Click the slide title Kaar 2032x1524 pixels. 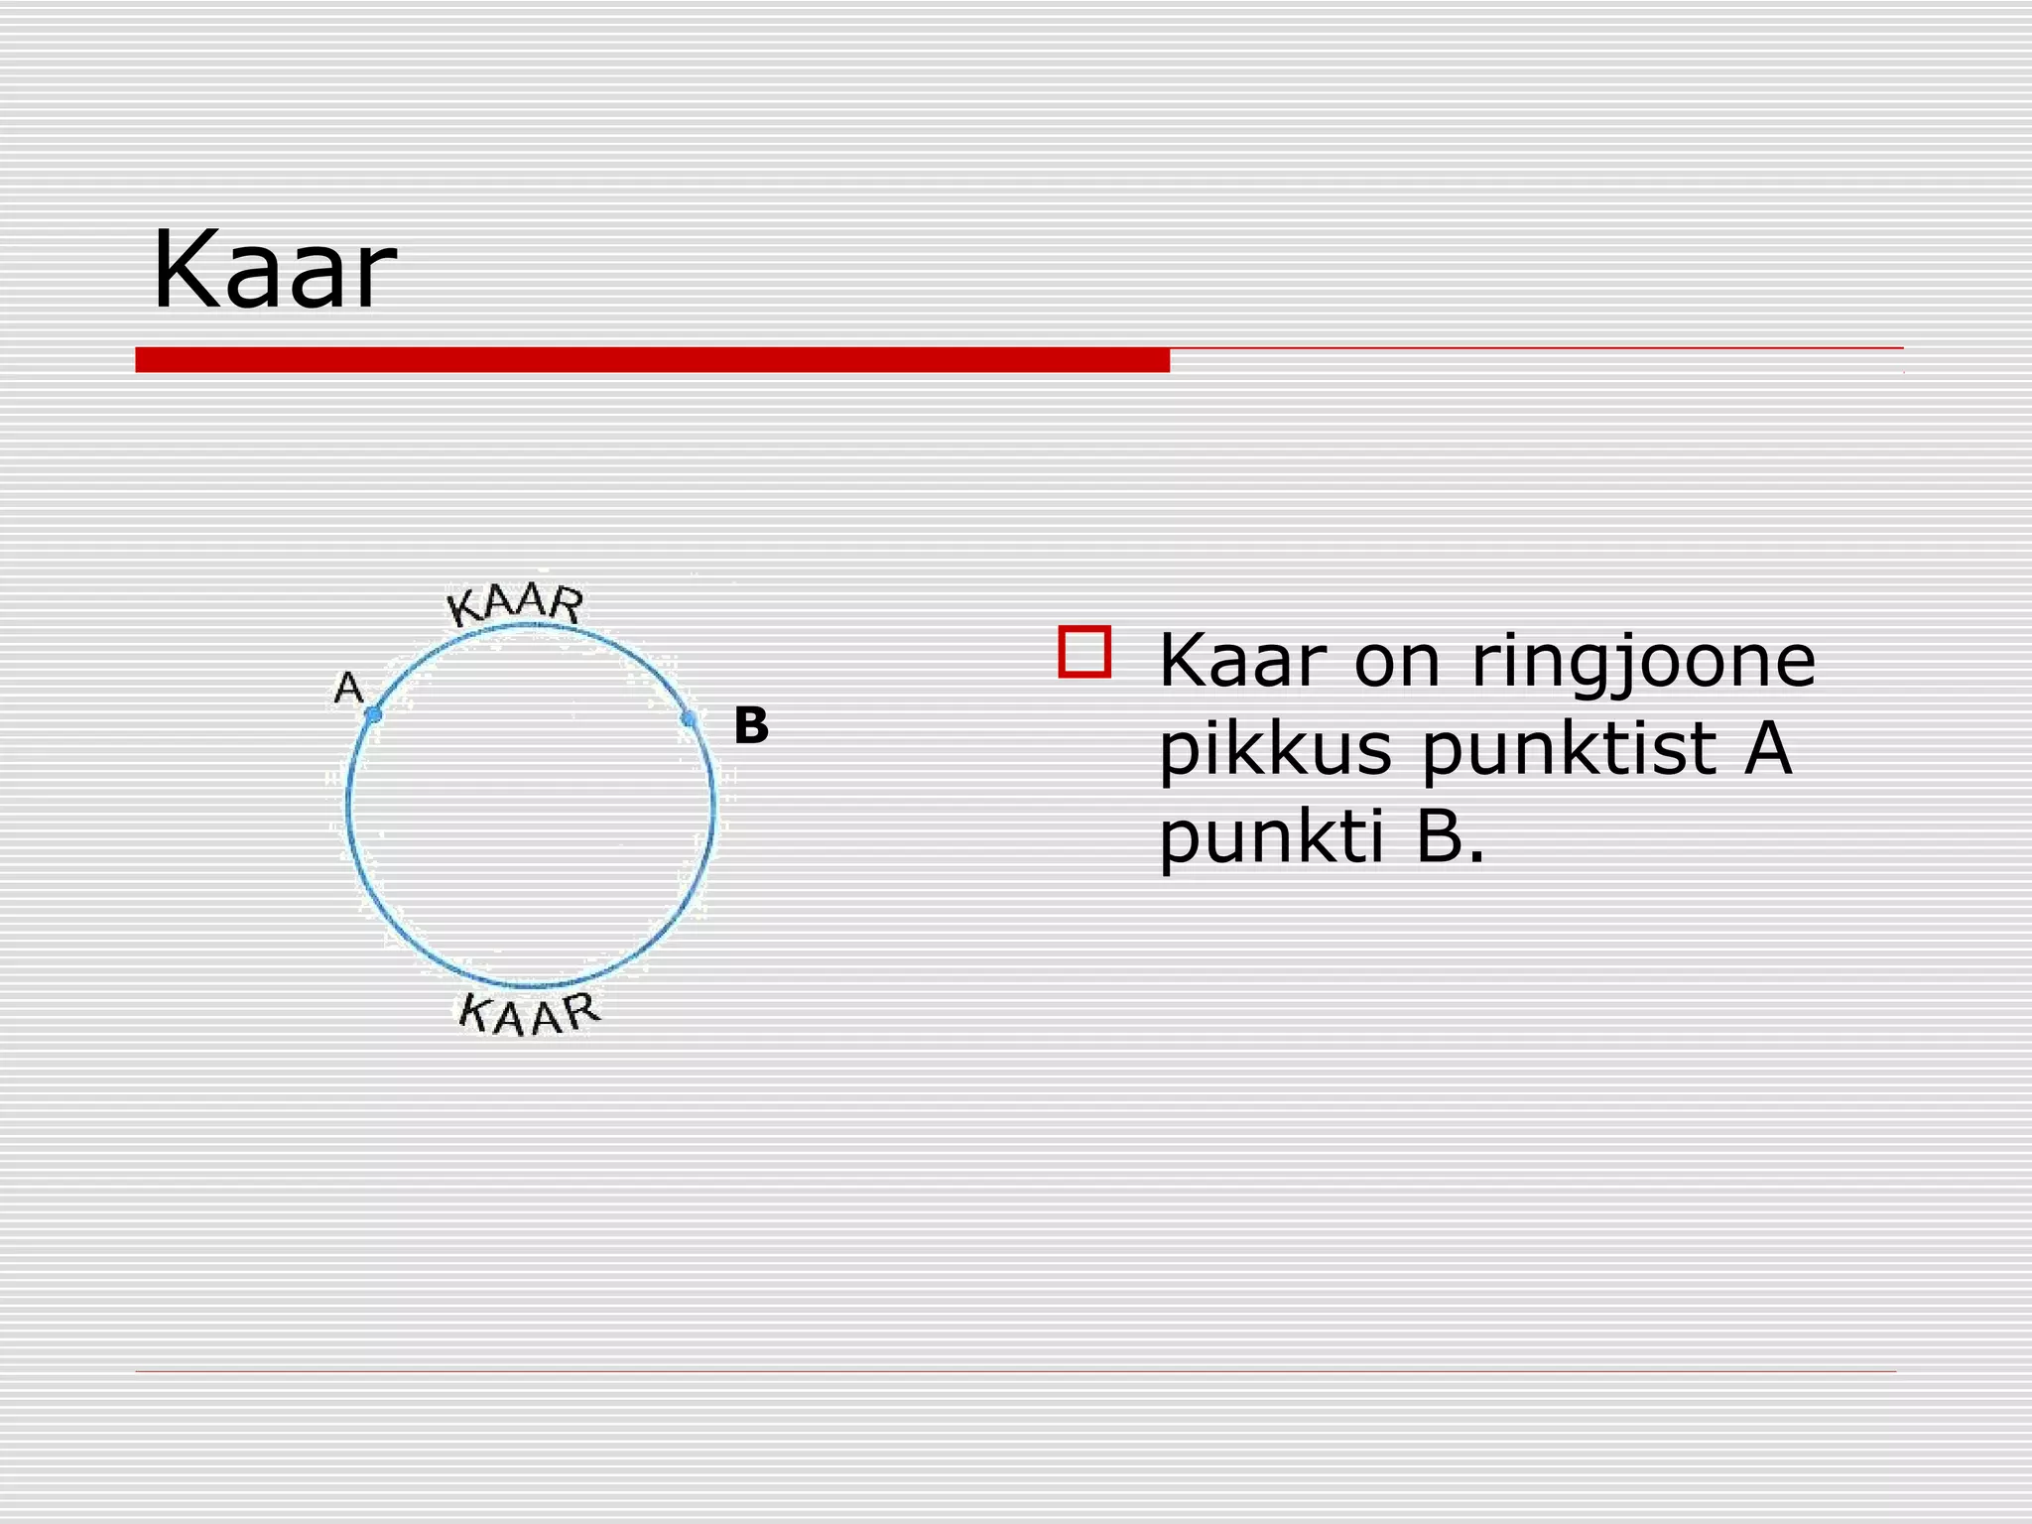(274, 270)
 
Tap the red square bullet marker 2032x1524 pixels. (1084, 652)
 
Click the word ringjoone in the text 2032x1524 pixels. (1643, 663)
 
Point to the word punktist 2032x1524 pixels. (1567, 750)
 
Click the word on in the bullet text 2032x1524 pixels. (1397, 663)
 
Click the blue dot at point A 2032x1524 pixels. (373, 714)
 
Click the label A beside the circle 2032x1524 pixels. (348, 687)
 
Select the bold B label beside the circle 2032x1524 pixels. (751, 726)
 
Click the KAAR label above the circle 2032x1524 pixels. (515, 604)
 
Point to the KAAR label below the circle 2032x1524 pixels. (530, 1014)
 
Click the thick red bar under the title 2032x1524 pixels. (652, 359)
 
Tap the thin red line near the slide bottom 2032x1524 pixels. (1015, 1371)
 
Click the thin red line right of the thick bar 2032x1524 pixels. (1536, 348)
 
